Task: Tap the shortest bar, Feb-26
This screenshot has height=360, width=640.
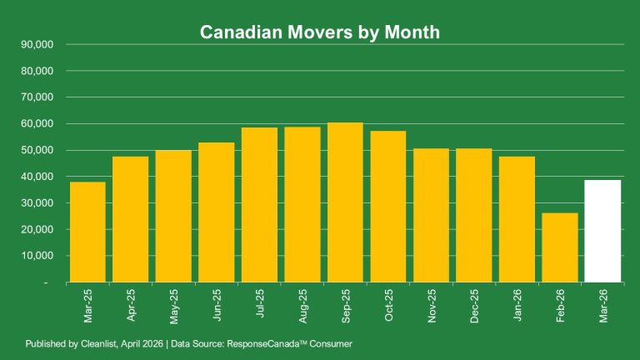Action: pos(559,247)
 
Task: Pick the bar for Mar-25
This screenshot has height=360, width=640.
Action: pos(87,232)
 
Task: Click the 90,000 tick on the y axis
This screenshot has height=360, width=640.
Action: pos(36,44)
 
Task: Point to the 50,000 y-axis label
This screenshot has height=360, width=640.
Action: pos(36,150)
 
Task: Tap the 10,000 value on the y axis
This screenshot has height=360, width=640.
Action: pos(36,256)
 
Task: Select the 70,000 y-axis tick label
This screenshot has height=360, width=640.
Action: pos(36,97)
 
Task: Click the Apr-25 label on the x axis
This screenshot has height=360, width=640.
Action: pos(131,305)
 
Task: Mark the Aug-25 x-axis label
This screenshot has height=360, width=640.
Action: pos(302,305)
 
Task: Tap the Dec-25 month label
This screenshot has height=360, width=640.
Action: pos(474,305)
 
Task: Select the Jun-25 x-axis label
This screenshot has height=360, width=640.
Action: pos(217,305)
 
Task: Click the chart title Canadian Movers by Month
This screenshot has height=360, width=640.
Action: pos(319,32)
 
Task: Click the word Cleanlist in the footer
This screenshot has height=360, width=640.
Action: pos(97,344)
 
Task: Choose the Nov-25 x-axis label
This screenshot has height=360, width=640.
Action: pos(432,305)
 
